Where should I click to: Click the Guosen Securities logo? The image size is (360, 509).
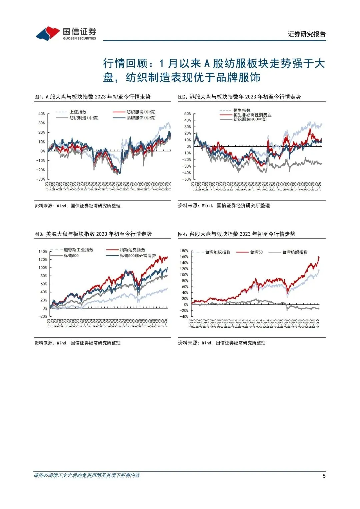[x=66, y=33]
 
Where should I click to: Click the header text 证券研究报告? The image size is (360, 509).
[x=307, y=34]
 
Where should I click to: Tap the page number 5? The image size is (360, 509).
[x=324, y=476]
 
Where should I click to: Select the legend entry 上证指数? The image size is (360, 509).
[x=78, y=112]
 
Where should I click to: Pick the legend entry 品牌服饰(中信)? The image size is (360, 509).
[x=141, y=118]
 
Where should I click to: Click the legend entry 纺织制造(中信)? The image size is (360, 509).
[x=84, y=118]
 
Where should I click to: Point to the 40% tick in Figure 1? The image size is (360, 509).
[x=41, y=114]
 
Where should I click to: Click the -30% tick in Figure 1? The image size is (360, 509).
[x=41, y=179]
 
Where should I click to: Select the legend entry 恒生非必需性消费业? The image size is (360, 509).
[x=252, y=115]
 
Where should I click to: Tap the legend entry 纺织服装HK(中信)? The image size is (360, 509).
[x=250, y=119]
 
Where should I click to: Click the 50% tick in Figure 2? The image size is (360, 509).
[x=187, y=114]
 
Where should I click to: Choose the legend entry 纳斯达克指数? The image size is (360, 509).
[x=132, y=250]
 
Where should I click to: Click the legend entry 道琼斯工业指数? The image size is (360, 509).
[x=78, y=250]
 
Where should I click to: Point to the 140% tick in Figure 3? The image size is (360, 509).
[x=43, y=252]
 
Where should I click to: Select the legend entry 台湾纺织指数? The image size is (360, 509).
[x=295, y=252]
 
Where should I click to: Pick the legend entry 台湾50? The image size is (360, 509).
[x=256, y=252]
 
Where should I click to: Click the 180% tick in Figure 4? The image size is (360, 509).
[x=184, y=251]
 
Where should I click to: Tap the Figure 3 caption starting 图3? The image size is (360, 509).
[x=93, y=234]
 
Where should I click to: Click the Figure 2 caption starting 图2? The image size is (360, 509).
[x=239, y=97]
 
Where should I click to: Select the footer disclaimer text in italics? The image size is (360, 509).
[x=87, y=475]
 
